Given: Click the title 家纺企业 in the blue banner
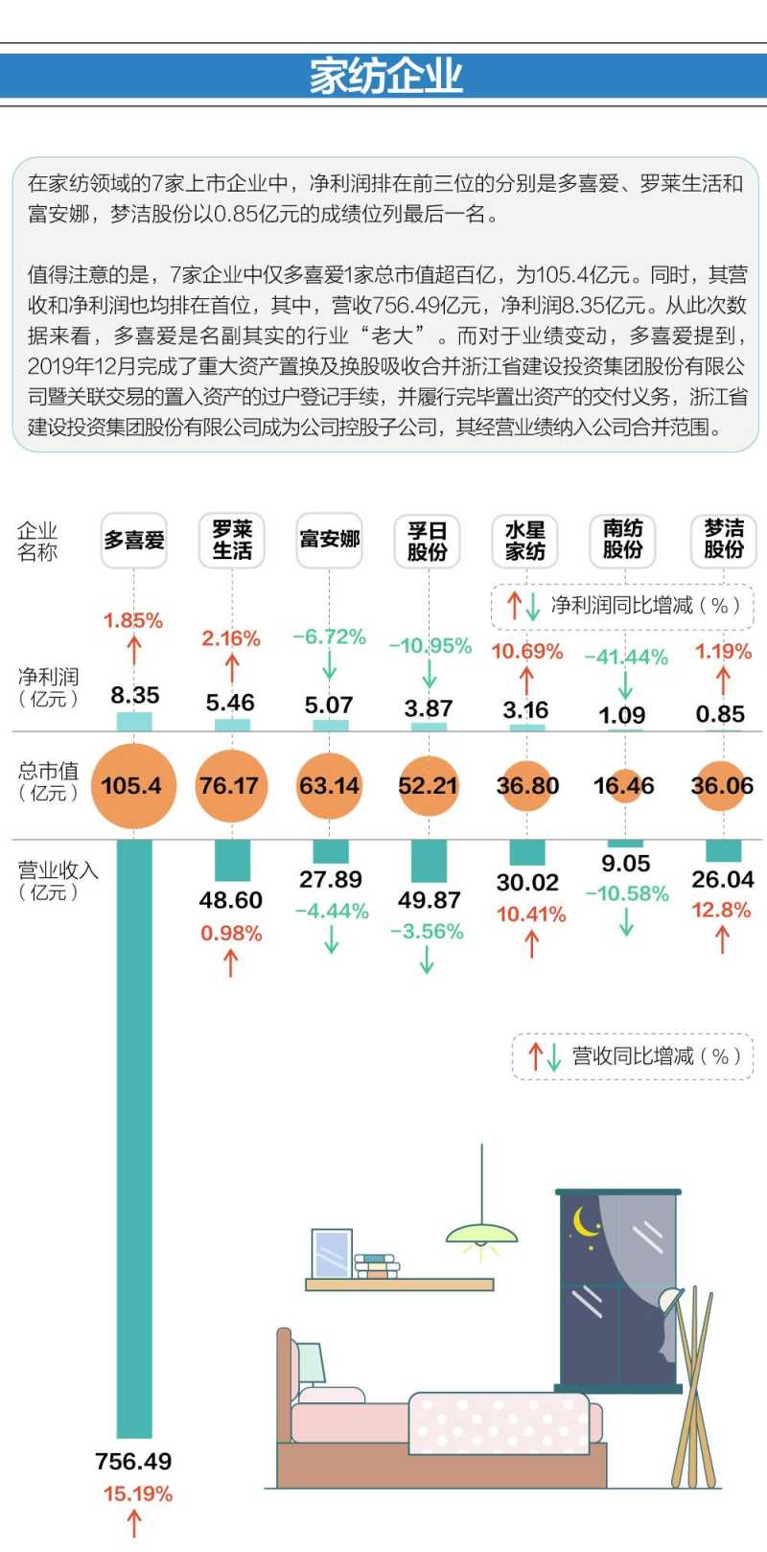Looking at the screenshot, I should tap(385, 76).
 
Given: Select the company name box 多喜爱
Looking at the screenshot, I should tap(134, 541).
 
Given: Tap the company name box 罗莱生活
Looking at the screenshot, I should tap(232, 541).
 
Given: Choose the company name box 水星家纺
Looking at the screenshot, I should tap(524, 541).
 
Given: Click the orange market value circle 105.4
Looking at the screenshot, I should tap(132, 786).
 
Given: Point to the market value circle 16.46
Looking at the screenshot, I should tap(623, 786).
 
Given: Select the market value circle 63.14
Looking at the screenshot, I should tap(329, 786).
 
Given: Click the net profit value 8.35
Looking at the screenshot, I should tap(134, 695).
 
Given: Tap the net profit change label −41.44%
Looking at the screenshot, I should tap(626, 657).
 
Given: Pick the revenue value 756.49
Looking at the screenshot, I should tap(133, 1461).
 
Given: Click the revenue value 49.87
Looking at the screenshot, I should tap(428, 900).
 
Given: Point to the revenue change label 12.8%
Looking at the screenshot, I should tap(721, 910).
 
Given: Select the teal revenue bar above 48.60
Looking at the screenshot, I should tap(232, 860).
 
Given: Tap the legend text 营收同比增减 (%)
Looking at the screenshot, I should tap(656, 1056).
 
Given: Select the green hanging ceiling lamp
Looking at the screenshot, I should tap(481, 1234).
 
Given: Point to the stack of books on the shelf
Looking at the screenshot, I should tap(377, 1266).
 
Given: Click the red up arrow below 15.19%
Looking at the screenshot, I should tap(135, 1522).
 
